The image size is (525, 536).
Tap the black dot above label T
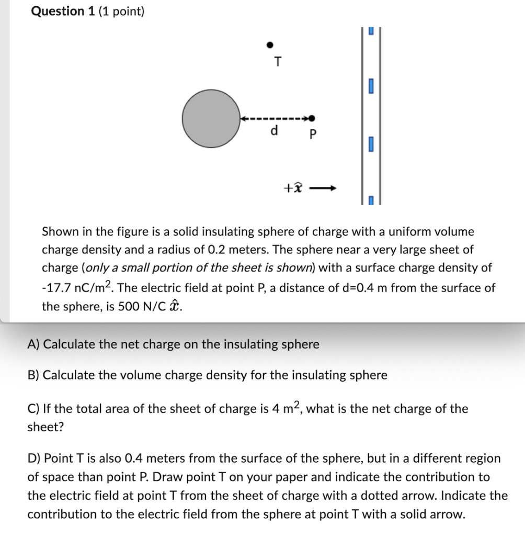click(270, 44)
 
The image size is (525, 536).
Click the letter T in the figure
click(278, 62)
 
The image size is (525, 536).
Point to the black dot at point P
click(312, 118)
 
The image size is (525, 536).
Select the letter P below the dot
click(313, 134)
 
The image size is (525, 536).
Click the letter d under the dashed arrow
click(273, 131)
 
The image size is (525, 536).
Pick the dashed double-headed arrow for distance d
click(276, 119)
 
